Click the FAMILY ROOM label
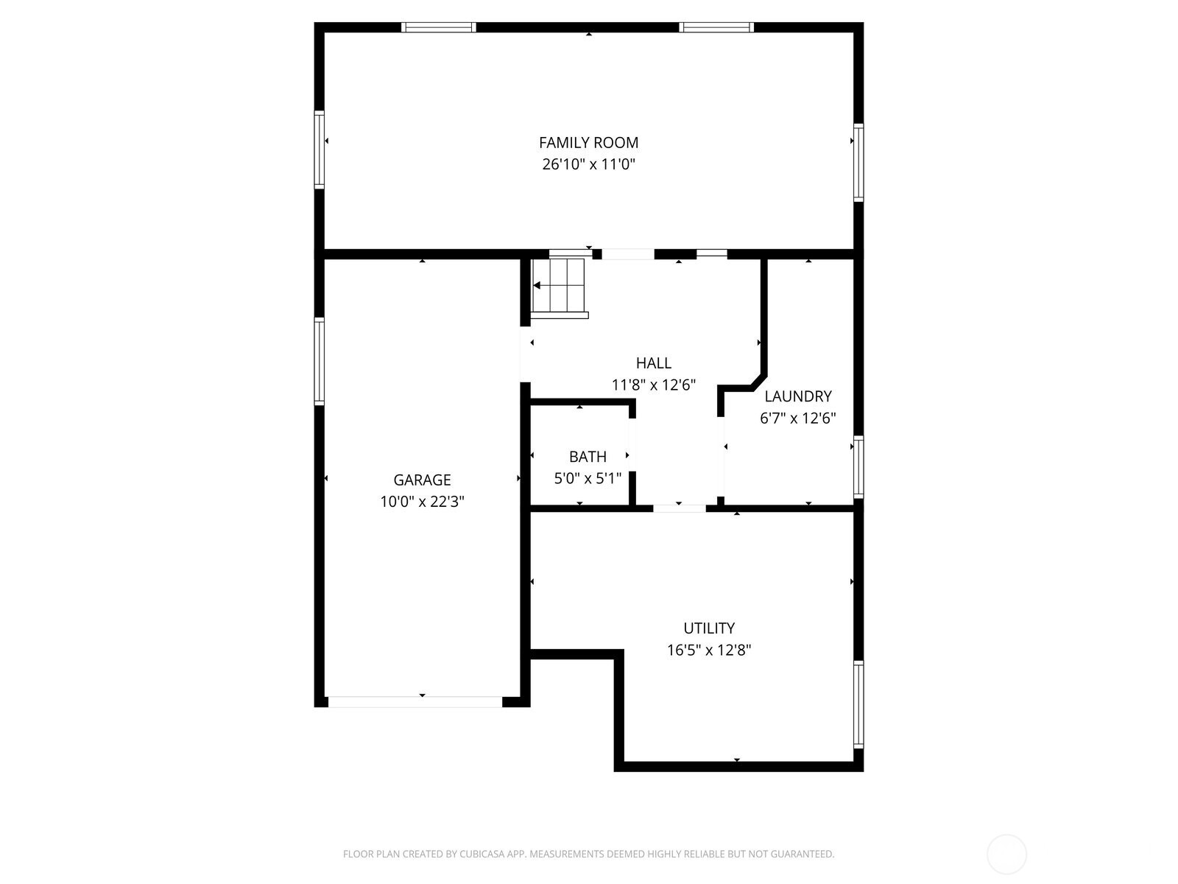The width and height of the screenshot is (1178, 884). point(588,143)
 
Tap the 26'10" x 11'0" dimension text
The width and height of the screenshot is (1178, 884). point(588,164)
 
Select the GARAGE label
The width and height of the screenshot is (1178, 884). point(422,480)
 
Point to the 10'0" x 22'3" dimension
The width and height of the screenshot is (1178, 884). point(422,502)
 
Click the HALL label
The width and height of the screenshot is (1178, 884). point(653,363)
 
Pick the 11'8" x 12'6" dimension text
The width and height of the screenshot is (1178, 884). point(653,385)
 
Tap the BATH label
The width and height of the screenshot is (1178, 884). point(588,457)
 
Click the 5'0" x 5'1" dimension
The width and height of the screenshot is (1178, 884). point(588,478)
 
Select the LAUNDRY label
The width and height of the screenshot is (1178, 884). point(797,396)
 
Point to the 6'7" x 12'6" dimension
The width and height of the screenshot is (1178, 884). point(797,418)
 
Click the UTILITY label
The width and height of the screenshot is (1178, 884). point(709,628)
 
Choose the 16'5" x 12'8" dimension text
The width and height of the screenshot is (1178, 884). point(709,650)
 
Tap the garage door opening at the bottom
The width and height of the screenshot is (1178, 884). point(415,701)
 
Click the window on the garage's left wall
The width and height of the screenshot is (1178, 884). point(320,361)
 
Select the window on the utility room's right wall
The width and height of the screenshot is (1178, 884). point(858,704)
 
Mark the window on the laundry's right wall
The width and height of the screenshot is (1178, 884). point(858,466)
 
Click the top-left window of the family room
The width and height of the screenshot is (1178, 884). point(439,27)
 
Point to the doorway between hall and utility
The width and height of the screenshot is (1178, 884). point(679,508)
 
